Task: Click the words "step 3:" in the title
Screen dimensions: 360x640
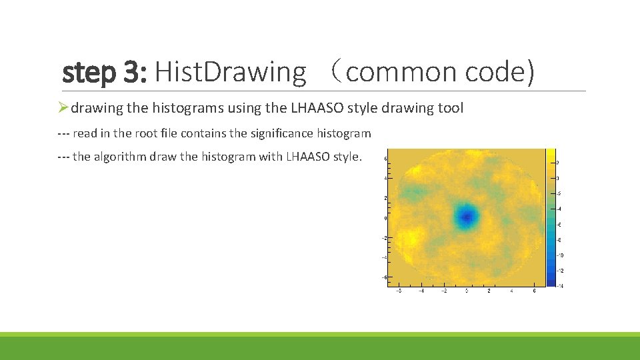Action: pos(104,72)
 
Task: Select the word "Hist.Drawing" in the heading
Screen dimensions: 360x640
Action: pos(230,72)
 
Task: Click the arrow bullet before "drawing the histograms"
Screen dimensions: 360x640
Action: pos(63,108)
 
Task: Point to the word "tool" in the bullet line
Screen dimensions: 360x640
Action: pos(449,108)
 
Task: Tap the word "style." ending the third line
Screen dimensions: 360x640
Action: pos(347,157)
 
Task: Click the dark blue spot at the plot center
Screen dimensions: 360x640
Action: pos(467,216)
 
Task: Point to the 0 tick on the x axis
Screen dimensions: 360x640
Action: pos(467,291)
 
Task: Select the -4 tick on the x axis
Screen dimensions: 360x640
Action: pos(421,291)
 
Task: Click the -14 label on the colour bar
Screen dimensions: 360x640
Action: pos(558,285)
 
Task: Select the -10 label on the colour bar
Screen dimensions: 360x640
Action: pos(558,255)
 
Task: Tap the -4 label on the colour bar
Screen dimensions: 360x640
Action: pos(558,209)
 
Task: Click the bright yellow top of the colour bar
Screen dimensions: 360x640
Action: pos(551,155)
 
